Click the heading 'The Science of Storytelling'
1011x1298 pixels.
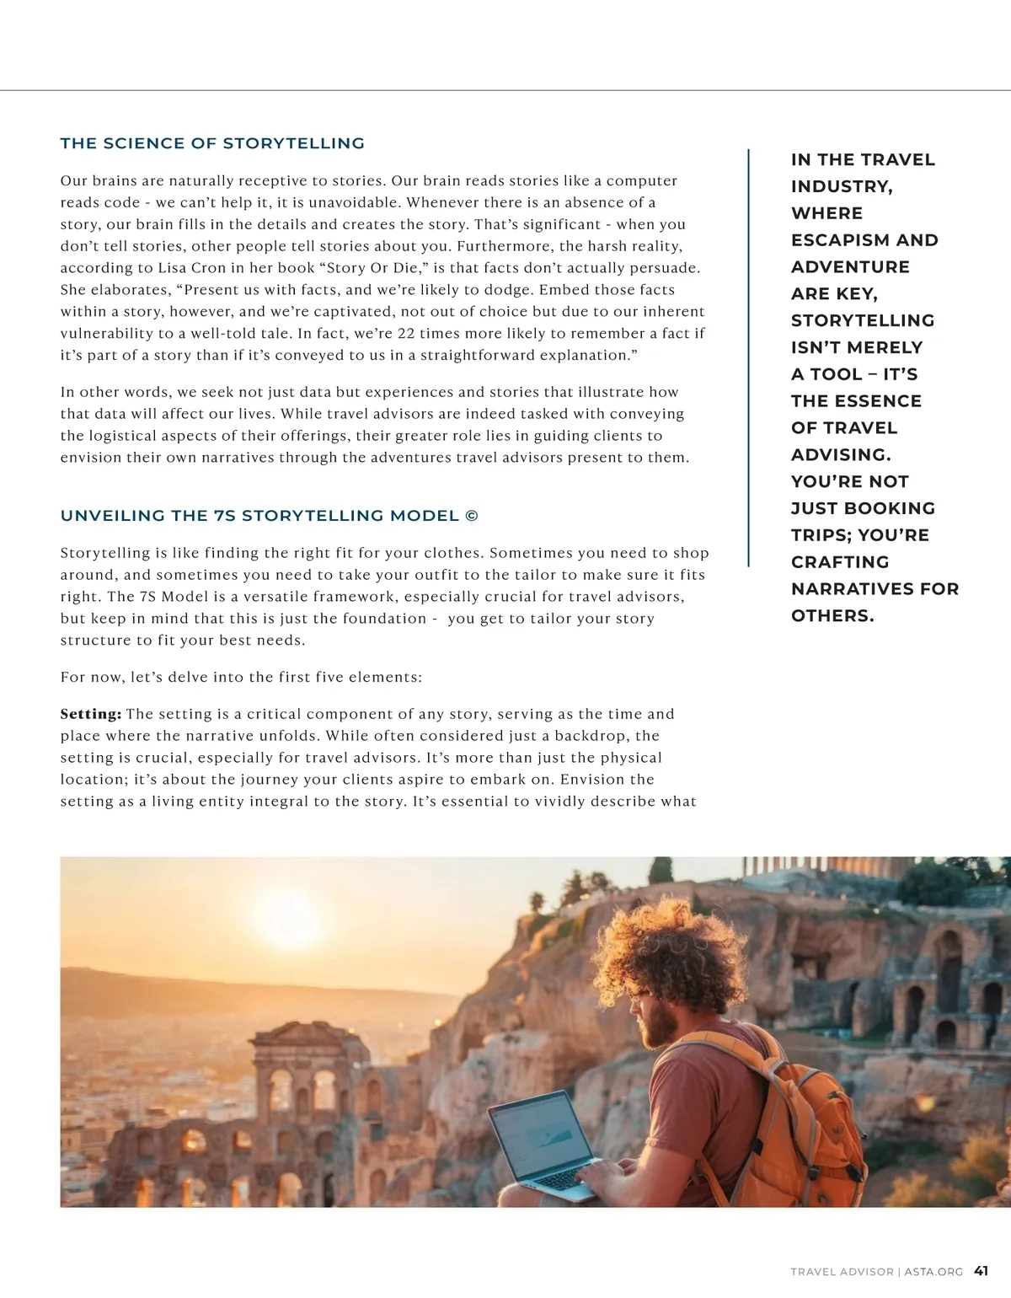pos(212,143)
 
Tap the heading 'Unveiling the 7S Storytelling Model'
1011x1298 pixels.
pos(259,516)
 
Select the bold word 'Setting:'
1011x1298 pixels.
pos(91,714)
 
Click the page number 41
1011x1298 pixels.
pos(981,1271)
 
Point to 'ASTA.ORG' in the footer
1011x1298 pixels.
pos(933,1272)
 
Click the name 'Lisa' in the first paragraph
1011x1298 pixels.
pos(174,268)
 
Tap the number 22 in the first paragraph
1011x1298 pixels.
pos(406,333)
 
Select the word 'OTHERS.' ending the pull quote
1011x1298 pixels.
pos(832,616)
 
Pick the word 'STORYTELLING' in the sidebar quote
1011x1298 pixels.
pos(863,320)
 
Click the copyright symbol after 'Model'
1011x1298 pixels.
pos(472,516)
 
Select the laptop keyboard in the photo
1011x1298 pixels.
pos(556,1180)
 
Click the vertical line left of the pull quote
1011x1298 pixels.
pos(748,358)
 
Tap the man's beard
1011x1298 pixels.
pos(657,1024)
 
